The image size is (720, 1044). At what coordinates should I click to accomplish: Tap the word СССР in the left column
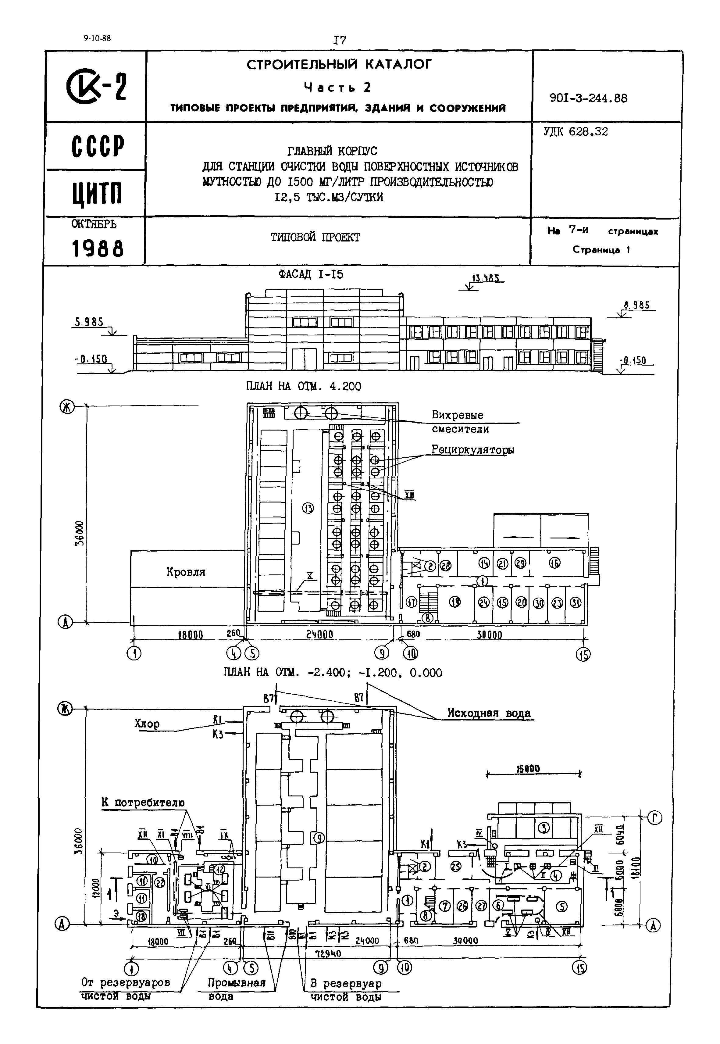98,146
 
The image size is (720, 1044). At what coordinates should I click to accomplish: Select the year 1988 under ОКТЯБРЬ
98,248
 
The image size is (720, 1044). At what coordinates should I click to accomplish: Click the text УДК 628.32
576,132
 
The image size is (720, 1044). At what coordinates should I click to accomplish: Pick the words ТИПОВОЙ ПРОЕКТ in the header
315,237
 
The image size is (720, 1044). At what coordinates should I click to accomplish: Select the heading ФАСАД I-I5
311,274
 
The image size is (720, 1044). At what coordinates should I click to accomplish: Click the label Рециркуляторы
472,449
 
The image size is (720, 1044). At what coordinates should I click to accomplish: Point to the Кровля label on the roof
186,572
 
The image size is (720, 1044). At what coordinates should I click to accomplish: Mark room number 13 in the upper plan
308,509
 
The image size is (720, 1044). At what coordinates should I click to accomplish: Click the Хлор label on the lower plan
147,724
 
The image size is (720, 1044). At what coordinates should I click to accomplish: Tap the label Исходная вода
489,713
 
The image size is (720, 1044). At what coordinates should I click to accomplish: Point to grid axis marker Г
654,817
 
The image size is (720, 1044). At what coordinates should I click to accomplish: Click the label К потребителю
143,803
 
